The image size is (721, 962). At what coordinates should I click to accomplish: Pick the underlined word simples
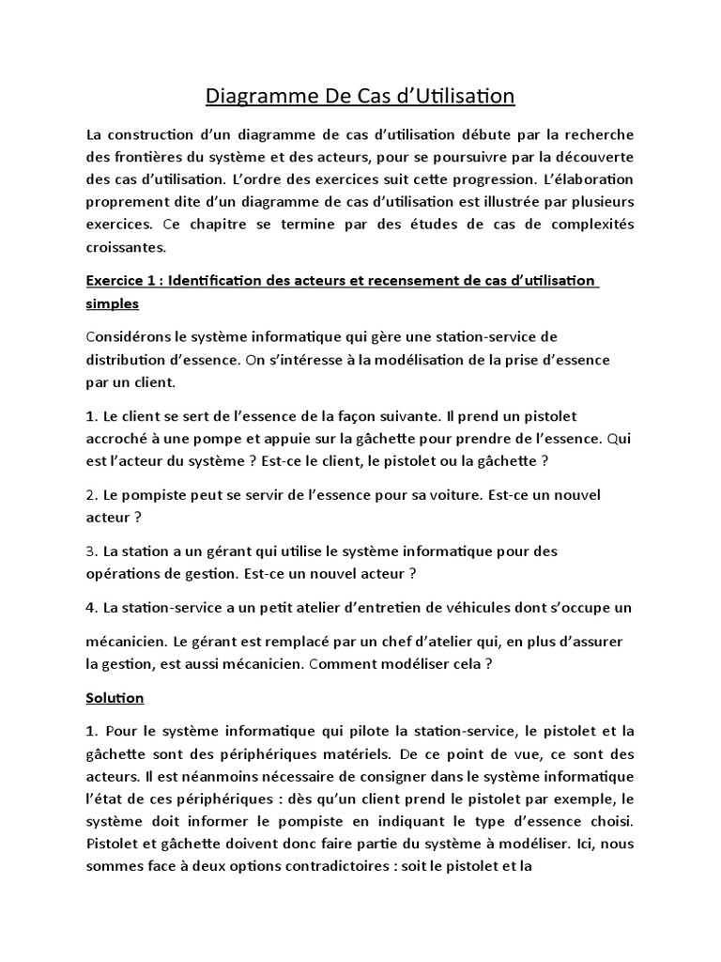[x=112, y=304]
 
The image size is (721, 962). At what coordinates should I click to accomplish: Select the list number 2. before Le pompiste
[x=91, y=494]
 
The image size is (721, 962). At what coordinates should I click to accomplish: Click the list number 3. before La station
[x=91, y=551]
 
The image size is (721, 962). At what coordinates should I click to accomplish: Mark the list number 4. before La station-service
[x=91, y=607]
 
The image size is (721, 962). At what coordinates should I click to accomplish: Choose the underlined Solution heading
[x=115, y=698]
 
